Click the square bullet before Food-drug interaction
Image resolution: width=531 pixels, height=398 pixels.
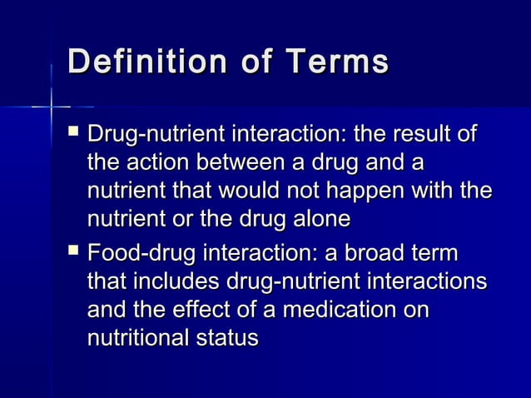click(72, 249)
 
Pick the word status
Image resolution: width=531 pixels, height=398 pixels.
click(231, 338)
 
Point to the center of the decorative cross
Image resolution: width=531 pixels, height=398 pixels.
click(52, 107)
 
